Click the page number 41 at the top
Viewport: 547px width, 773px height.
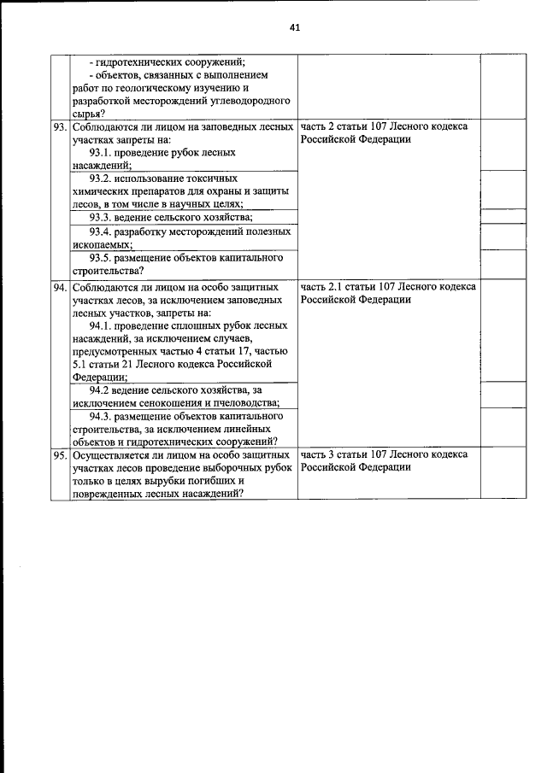(x=295, y=27)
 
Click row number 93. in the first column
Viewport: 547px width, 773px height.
(x=60, y=126)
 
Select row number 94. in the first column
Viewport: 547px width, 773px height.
(x=60, y=287)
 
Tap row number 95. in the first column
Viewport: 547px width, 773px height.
(x=60, y=455)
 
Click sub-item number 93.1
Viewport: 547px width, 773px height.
(x=103, y=152)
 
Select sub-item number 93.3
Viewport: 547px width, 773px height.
(x=103, y=217)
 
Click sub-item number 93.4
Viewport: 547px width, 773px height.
(x=103, y=231)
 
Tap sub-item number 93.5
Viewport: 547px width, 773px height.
(x=103, y=257)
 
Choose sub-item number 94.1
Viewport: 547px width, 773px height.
(x=103, y=325)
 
